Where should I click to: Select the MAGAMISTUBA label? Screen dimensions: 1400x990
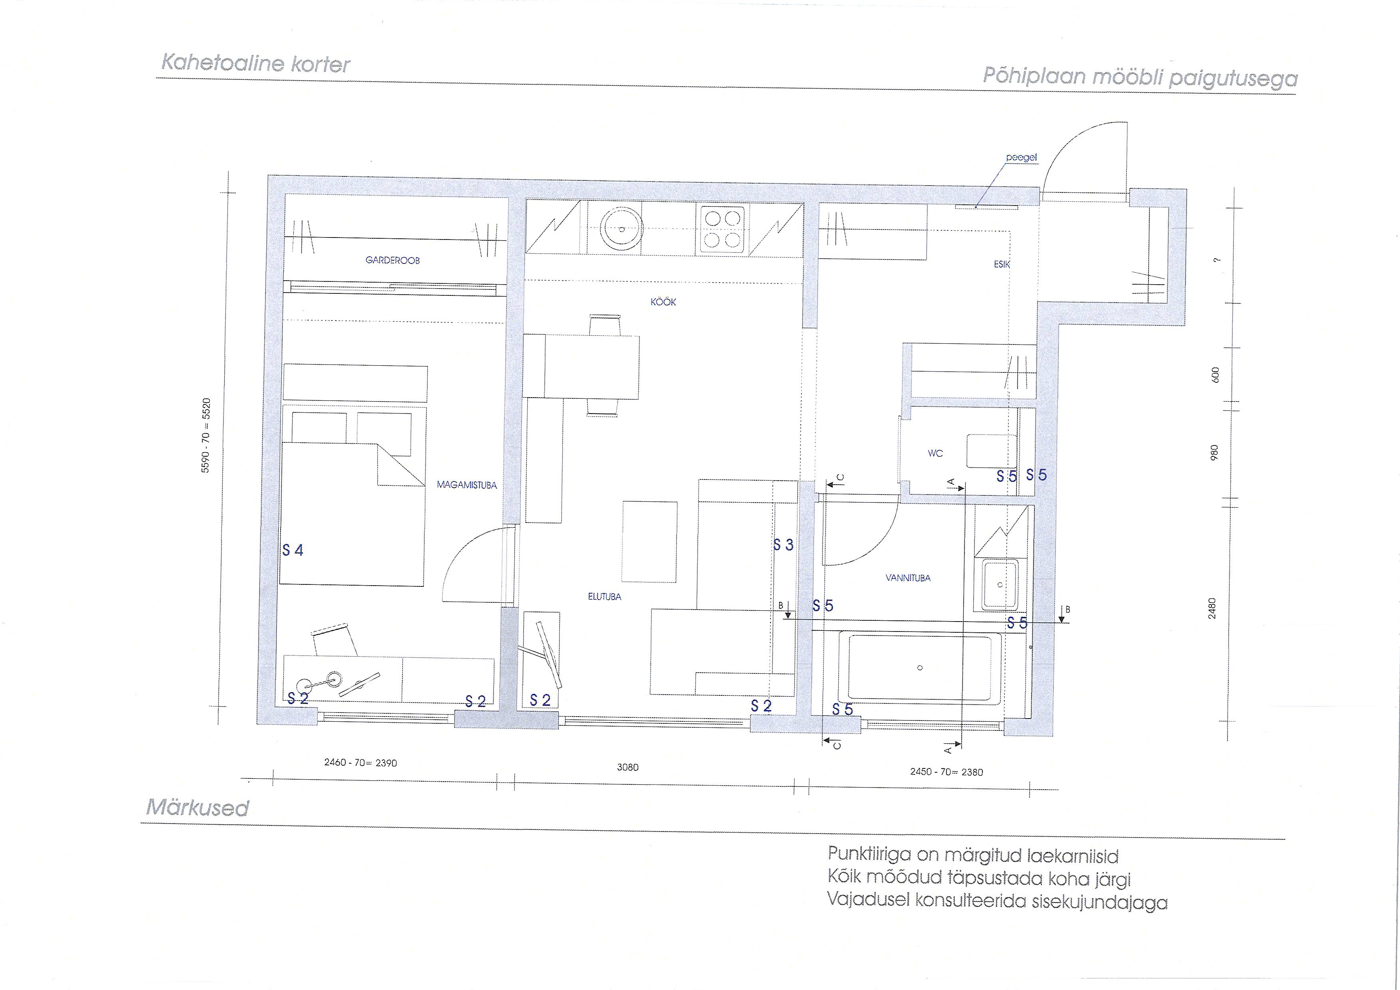pos(466,485)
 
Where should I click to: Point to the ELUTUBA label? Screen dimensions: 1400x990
pos(604,597)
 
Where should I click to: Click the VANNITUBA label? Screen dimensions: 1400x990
pos(908,578)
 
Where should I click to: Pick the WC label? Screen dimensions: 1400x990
pos(935,453)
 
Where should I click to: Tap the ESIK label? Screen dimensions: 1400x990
pos(1002,265)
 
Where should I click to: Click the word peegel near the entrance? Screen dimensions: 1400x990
pos(1021,157)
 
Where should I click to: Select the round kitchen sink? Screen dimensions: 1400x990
pos(621,229)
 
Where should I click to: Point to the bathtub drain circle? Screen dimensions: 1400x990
pos(920,667)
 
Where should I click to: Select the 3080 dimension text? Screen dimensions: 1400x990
pos(628,768)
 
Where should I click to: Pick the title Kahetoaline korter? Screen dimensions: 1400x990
pos(255,64)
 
